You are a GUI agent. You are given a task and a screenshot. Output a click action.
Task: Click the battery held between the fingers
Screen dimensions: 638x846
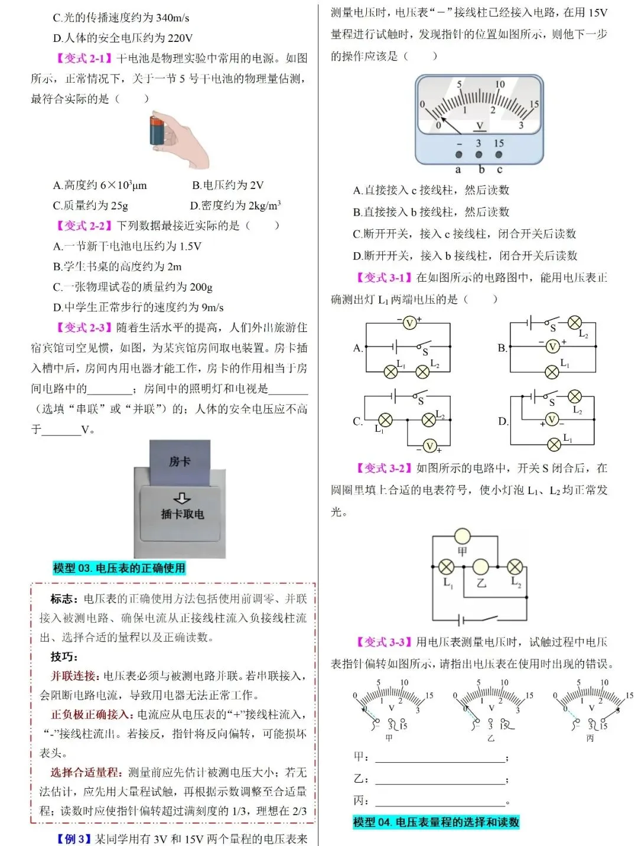click(x=159, y=131)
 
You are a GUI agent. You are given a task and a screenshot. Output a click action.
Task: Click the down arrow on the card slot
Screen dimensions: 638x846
click(x=182, y=498)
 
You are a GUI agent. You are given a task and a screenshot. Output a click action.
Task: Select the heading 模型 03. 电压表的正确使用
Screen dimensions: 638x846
click(x=119, y=568)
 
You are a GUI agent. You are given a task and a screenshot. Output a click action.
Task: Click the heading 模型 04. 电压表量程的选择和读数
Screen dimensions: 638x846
click(x=436, y=822)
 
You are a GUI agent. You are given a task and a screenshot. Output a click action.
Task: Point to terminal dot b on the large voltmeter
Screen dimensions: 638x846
click(x=479, y=155)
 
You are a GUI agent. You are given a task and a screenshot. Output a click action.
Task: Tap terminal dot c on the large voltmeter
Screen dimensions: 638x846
click(x=499, y=155)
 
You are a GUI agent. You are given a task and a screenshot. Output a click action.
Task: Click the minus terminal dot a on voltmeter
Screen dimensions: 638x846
click(x=458, y=155)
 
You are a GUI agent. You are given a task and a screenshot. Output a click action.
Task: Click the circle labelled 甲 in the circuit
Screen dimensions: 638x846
click(x=462, y=536)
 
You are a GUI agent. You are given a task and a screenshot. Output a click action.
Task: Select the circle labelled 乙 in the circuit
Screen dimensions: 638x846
click(x=481, y=567)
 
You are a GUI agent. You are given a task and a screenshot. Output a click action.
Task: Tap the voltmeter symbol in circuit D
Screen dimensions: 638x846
click(x=552, y=419)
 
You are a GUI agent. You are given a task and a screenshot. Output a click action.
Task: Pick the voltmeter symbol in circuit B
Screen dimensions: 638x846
click(x=552, y=346)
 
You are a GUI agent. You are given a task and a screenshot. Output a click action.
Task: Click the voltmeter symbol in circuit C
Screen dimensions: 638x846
click(x=430, y=446)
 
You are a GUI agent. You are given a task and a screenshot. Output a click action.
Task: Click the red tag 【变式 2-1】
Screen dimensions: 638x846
click(x=84, y=58)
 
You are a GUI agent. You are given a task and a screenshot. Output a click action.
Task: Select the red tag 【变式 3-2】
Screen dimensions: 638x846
click(x=384, y=468)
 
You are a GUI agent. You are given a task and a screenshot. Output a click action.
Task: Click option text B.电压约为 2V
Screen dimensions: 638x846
click(x=227, y=185)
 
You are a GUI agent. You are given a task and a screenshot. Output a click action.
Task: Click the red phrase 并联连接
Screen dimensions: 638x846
click(x=73, y=676)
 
